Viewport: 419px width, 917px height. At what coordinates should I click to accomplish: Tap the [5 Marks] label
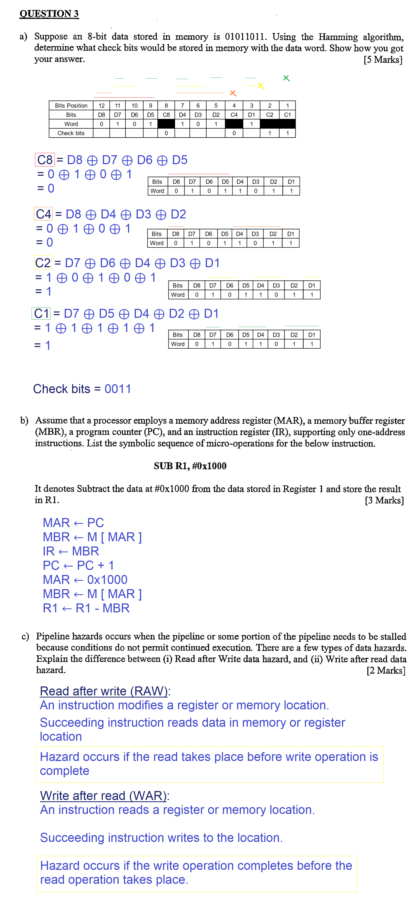[x=383, y=60]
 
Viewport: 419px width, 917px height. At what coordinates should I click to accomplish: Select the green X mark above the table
[x=286, y=78]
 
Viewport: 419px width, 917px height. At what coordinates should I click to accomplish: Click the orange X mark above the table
[x=233, y=93]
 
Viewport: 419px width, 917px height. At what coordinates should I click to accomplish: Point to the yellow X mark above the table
[x=261, y=86]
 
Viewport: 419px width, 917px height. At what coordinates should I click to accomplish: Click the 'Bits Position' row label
[x=71, y=105]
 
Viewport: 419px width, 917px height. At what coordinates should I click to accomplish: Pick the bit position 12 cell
[x=101, y=105]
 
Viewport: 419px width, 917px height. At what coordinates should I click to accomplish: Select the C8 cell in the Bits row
[x=166, y=115]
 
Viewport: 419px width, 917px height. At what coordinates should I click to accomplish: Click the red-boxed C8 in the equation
[x=45, y=160]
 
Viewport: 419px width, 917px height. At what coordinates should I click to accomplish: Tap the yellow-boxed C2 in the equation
[x=43, y=263]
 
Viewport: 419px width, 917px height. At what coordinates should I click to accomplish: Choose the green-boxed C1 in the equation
[x=41, y=313]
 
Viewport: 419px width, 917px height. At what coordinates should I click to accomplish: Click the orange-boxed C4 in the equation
[x=43, y=214]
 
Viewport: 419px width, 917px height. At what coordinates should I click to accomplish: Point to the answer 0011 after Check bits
[x=118, y=389]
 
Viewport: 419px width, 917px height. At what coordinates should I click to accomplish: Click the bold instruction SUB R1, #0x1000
[x=190, y=466]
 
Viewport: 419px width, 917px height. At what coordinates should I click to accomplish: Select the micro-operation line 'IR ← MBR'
[x=71, y=551]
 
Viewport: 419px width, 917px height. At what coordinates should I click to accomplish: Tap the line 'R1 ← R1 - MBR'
[x=86, y=608]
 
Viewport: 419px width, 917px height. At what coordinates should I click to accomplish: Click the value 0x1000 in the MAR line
[x=107, y=579]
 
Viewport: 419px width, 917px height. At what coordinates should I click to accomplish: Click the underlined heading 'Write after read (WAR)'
[x=103, y=795]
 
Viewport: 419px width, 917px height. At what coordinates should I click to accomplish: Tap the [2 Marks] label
[x=386, y=670]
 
